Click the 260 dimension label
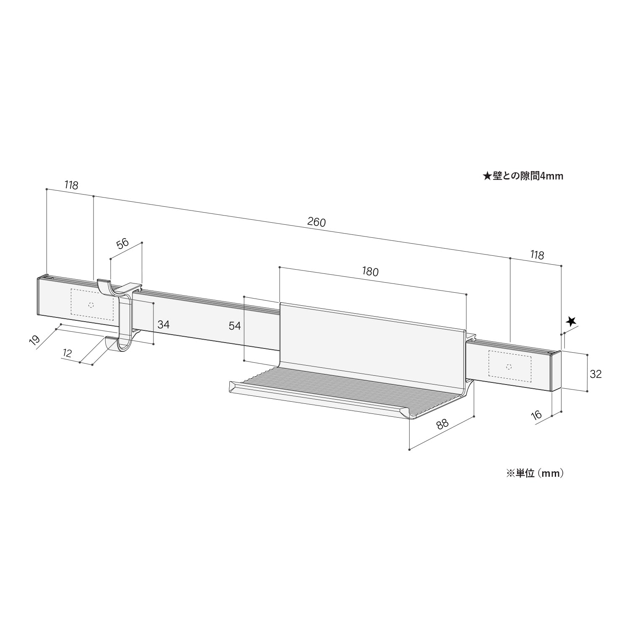(x=317, y=222)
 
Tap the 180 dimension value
(x=370, y=272)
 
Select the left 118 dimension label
(x=71, y=185)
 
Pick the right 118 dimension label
(x=537, y=255)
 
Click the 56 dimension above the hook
(x=122, y=244)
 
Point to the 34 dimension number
(x=164, y=324)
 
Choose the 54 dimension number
(x=235, y=325)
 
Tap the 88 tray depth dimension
(x=442, y=424)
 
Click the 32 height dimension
(x=595, y=374)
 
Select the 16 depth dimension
(x=536, y=416)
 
